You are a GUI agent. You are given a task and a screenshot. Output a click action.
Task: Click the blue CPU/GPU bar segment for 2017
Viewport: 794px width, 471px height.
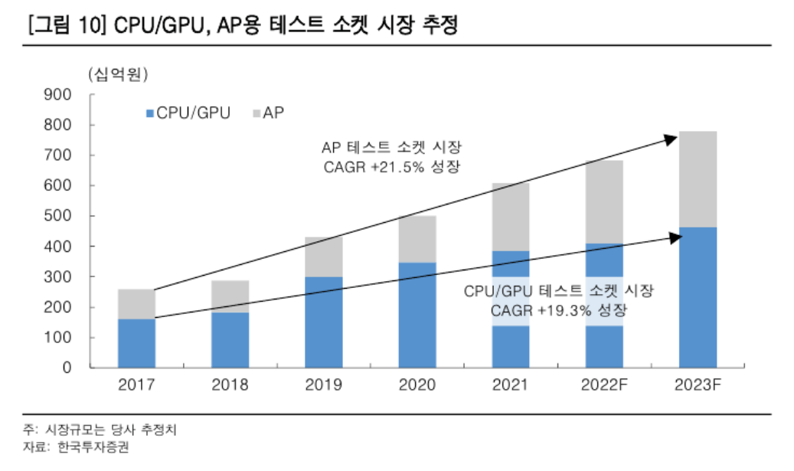click(136, 343)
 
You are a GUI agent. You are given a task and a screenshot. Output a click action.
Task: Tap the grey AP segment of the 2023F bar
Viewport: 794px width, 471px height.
click(697, 179)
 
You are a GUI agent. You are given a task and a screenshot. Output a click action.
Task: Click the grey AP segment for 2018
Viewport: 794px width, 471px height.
click(230, 296)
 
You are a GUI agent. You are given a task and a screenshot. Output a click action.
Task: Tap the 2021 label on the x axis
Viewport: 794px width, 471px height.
click(510, 385)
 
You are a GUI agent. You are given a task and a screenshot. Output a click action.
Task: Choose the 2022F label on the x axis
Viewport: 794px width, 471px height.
click(603, 385)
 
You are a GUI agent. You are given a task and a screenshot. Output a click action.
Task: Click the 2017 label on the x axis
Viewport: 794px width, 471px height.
click(136, 385)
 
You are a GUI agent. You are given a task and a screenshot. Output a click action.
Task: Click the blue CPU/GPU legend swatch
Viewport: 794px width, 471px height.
click(149, 113)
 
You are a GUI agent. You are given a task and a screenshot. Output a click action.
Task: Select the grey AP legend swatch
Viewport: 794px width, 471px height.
click(256, 113)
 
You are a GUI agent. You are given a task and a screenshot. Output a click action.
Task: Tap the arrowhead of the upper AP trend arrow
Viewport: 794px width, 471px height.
click(671, 138)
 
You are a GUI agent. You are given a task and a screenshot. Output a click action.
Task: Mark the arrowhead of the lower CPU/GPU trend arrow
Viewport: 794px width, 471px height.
click(675, 237)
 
